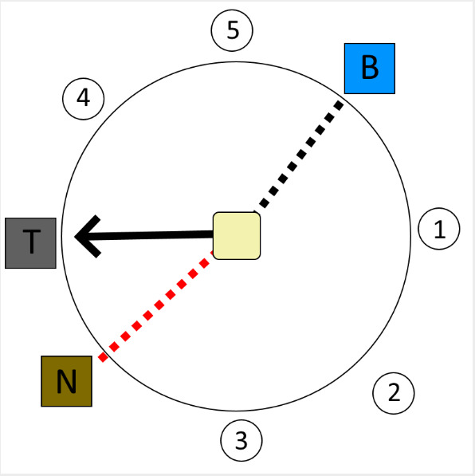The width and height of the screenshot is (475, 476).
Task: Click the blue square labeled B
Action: pos(370,69)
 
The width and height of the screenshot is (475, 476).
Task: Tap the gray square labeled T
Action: pos(30,243)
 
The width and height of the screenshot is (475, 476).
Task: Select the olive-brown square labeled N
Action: pos(66,381)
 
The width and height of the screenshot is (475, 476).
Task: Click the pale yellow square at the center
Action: pos(237,236)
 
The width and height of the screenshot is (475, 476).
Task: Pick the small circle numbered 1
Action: pos(439,229)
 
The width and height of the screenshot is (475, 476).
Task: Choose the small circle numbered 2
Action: pos(394,393)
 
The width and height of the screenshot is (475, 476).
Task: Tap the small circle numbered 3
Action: pos(241,440)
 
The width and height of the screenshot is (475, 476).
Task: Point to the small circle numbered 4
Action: pos(84,99)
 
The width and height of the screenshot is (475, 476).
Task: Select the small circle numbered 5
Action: pos(232,30)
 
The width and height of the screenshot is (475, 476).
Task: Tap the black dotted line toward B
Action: pos(298,155)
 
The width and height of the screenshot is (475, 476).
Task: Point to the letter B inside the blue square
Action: pos(370,68)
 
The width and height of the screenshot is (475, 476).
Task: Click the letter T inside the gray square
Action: pos(32,241)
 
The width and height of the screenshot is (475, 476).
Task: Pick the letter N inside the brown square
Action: pos(66,382)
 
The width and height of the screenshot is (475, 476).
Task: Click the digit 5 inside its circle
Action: pos(233,30)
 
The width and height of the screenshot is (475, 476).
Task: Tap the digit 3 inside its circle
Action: pos(241,440)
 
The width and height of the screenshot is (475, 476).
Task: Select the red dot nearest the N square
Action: pos(103,357)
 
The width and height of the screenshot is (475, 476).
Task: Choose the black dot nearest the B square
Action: pos(339,105)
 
